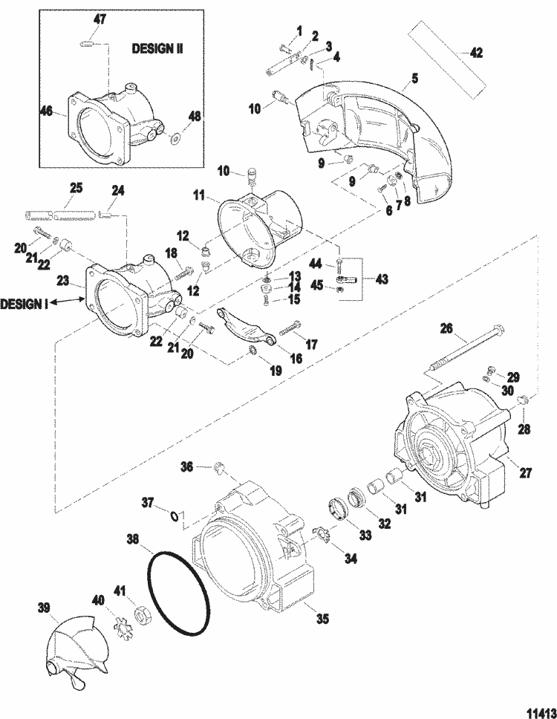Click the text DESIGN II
click(x=157, y=48)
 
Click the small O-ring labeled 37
click(x=175, y=516)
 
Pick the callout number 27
click(x=525, y=472)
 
